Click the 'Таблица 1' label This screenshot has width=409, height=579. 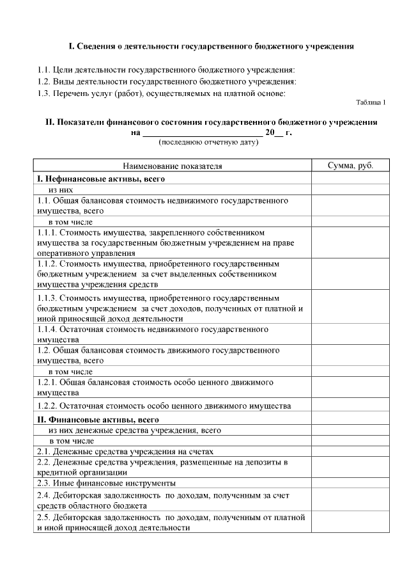point(371,102)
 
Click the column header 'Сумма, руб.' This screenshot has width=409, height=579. point(350,166)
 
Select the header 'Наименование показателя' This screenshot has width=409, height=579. point(173,166)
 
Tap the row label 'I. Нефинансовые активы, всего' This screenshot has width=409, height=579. point(101,179)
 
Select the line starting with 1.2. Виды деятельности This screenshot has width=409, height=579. point(167,81)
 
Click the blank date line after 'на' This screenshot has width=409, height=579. point(202,132)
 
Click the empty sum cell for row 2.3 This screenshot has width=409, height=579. point(350,483)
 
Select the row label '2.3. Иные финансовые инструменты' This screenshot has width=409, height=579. point(106,483)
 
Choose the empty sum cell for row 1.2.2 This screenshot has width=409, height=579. point(350,406)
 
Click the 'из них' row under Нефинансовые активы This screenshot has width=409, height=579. point(61,190)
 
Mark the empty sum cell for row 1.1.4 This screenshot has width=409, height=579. point(350,334)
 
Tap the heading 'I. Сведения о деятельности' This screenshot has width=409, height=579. point(211,47)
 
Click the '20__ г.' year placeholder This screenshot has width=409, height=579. point(279,132)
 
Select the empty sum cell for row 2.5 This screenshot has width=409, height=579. point(350,522)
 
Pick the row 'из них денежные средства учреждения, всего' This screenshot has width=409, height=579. point(135,431)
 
